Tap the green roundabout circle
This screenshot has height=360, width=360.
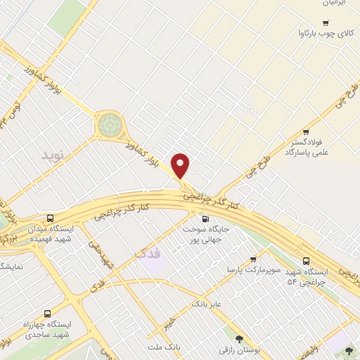coord(109,125)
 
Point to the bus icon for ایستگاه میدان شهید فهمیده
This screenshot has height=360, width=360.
coord(50,218)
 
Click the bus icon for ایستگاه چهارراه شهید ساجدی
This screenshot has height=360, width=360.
coord(47,314)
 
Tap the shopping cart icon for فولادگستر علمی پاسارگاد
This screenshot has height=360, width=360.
coord(305,132)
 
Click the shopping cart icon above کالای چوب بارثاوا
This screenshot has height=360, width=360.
coord(305,22)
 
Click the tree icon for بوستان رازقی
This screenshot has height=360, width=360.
coord(239,338)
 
